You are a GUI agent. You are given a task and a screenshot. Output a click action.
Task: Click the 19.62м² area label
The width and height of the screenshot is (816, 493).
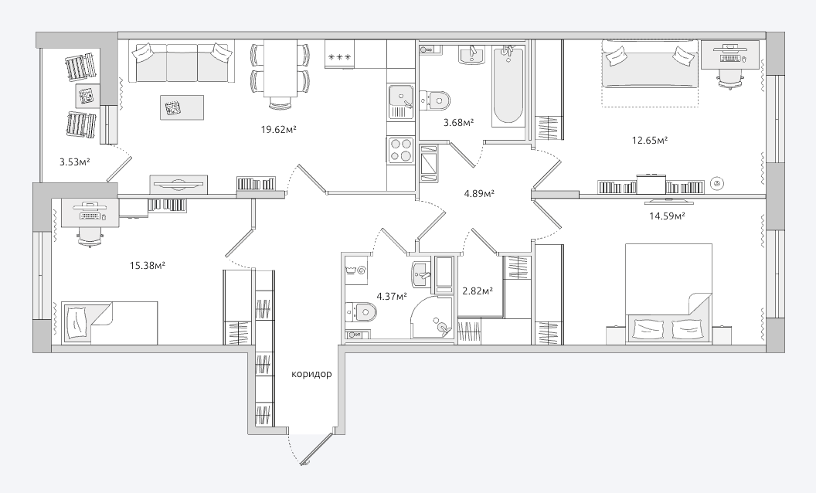[278, 130]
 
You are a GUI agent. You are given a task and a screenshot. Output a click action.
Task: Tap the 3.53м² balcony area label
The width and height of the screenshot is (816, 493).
[75, 162]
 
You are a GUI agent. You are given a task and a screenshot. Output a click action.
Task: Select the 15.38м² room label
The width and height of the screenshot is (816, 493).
[148, 266]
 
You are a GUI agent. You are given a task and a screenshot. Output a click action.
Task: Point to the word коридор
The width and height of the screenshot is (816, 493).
[311, 374]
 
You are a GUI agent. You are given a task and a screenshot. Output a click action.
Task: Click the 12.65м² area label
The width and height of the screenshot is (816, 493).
[649, 140]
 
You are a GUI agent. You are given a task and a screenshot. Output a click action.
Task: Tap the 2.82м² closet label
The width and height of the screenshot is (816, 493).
[478, 291]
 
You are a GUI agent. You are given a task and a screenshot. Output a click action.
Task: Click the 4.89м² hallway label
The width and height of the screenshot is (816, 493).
[479, 194]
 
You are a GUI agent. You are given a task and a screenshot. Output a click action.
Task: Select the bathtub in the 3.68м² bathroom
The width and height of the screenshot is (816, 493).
[508, 86]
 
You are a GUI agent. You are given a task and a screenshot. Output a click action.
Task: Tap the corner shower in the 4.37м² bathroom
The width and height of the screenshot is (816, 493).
[431, 318]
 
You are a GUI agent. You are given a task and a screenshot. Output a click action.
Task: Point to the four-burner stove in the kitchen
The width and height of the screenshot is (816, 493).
[401, 149]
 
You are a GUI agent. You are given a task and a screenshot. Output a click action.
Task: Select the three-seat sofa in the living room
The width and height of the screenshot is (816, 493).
[182, 63]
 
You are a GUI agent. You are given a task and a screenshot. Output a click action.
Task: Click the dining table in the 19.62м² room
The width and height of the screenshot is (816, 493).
[280, 68]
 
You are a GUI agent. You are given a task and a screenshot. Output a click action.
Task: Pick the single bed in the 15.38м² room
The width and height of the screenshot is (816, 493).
[110, 322]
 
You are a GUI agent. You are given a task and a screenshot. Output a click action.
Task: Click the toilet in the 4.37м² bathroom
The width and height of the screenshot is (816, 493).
[361, 313]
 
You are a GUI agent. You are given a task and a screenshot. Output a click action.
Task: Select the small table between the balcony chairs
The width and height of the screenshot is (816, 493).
[87, 96]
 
